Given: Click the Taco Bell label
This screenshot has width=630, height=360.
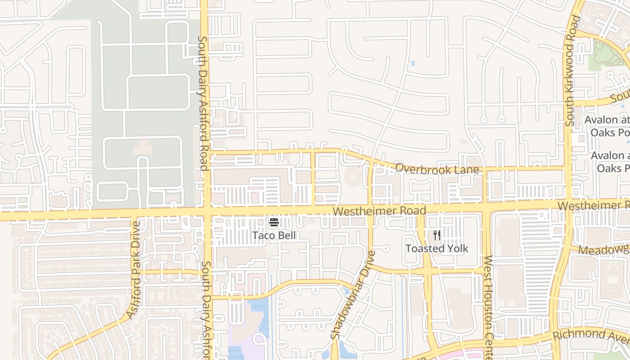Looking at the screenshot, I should (x=274, y=235).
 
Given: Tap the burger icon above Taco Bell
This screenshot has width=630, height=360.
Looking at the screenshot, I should (x=274, y=222).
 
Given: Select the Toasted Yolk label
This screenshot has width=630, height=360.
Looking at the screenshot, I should (x=436, y=248).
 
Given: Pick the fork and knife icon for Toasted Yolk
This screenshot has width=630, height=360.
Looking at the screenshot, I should (x=436, y=235).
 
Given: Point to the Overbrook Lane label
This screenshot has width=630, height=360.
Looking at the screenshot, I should (x=437, y=169).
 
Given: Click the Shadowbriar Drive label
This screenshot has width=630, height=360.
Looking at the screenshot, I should (x=353, y=295).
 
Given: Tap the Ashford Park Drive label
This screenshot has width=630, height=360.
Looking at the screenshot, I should (x=134, y=270).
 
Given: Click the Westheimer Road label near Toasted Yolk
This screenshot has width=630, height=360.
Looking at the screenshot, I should (x=379, y=211).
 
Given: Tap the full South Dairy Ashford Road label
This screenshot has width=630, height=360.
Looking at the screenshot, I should (x=203, y=103).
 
